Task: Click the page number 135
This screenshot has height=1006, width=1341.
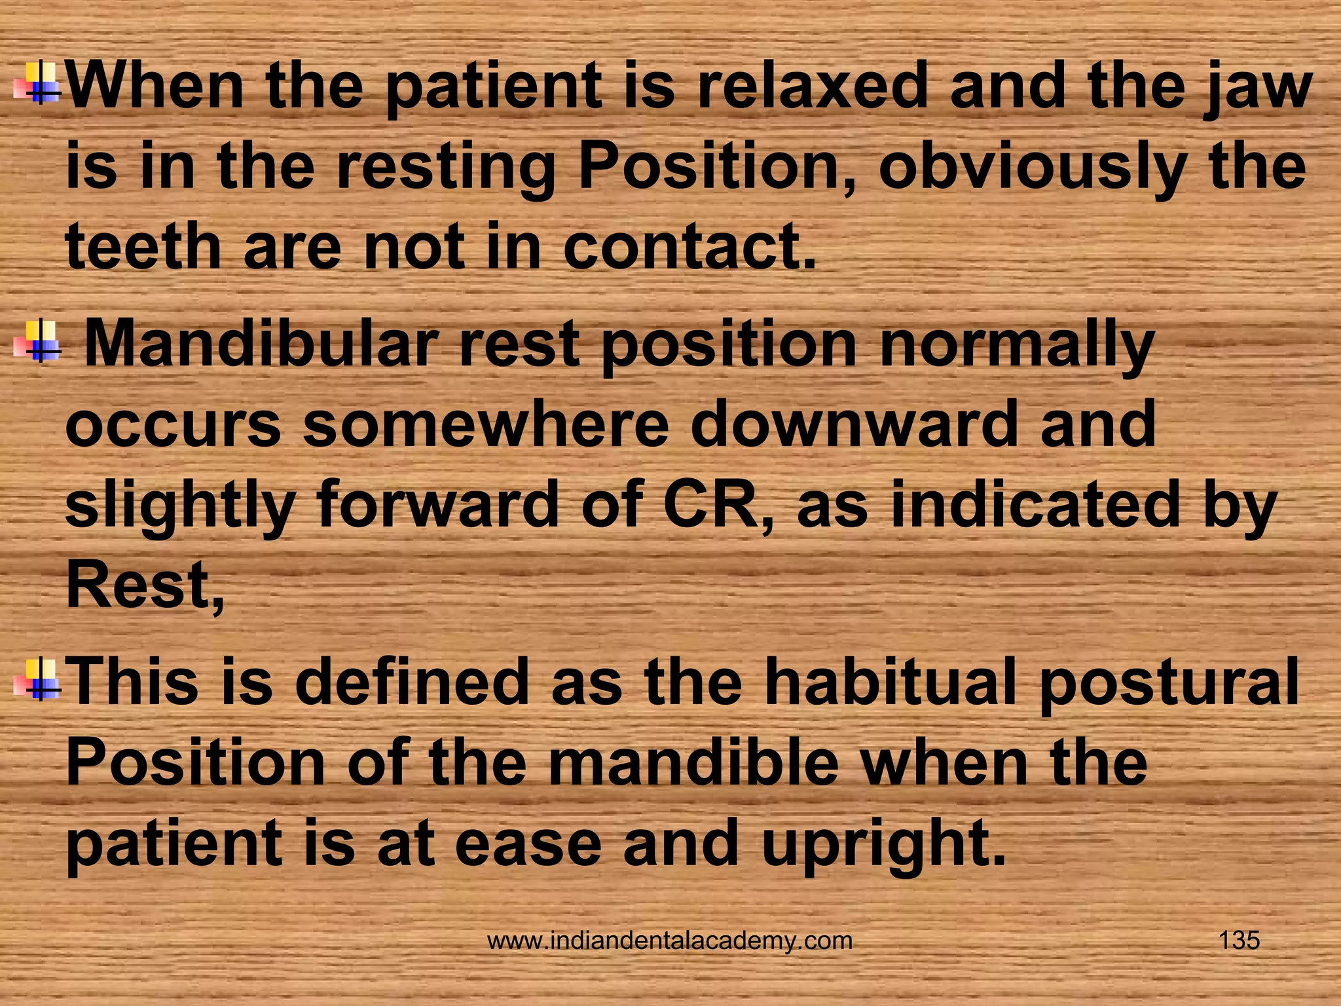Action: pos(1239,941)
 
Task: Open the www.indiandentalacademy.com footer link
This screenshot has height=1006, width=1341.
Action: pos(670,941)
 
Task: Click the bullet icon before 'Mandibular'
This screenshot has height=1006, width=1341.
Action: pos(37,341)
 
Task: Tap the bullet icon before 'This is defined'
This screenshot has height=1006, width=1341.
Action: pos(37,680)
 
